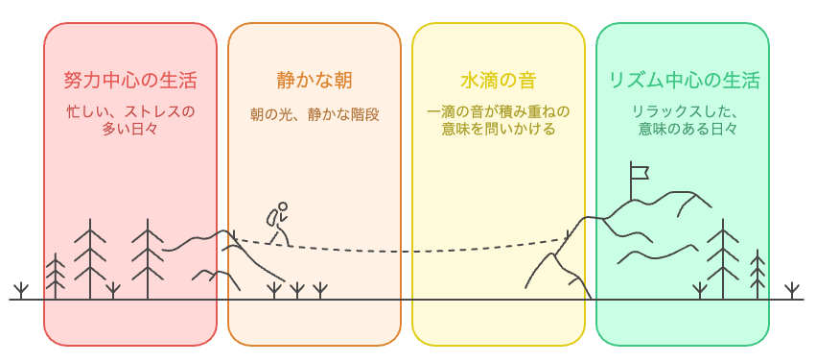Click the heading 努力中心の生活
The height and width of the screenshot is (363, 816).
[x=129, y=80]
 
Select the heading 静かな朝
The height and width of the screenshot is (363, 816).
[x=314, y=80]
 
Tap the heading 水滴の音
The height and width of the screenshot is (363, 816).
[x=498, y=80]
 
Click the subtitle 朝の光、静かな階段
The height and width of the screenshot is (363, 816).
[x=314, y=114]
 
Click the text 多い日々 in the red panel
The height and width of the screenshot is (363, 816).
[x=129, y=129]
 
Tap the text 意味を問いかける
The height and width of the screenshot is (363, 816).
[x=498, y=129]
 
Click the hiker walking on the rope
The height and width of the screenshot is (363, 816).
[x=278, y=224]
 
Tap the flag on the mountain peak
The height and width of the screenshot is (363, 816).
[x=637, y=173]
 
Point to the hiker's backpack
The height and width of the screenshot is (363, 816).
[x=271, y=217]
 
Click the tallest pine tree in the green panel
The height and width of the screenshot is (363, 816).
[x=723, y=254]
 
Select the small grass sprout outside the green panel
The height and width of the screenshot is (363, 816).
[x=791, y=289]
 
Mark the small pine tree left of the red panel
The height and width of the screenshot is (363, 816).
[x=57, y=277]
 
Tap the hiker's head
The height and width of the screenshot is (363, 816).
[x=282, y=206]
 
